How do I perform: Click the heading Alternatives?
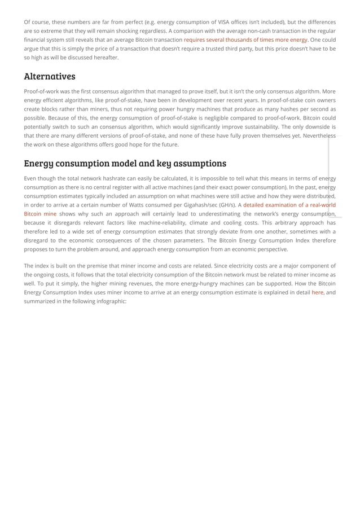pos(50,76)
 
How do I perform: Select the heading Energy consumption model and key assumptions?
pos(125,163)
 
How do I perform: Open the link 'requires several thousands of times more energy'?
pos(245,40)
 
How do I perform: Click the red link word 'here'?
pos(317,292)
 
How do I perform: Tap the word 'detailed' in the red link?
pos(257,205)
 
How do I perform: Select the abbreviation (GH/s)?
pos(229,205)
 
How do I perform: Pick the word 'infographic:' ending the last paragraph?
pos(111,301)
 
